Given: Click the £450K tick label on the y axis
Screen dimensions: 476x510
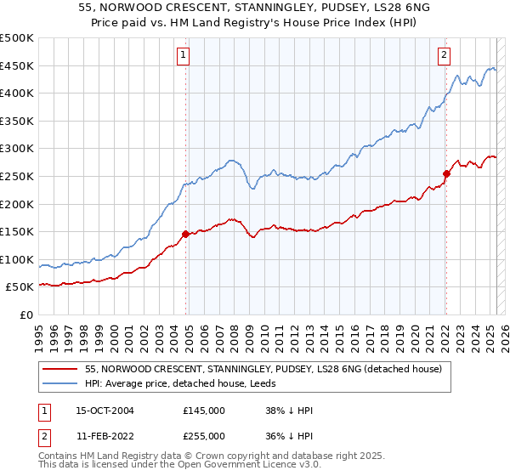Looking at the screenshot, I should click(17, 65).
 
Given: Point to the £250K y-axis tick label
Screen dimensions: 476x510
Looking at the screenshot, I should click(17, 176).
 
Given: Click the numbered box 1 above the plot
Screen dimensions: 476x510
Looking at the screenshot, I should click(184, 55).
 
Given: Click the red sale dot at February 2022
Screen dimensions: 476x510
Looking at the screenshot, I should click(445, 173).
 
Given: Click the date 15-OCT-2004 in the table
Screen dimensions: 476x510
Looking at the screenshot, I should click(105, 411).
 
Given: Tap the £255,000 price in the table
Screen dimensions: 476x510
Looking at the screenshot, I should click(204, 437).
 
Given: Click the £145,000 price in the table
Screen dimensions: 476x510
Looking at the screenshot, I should click(204, 411).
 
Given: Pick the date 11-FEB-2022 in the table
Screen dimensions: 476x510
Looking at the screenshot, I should click(105, 437).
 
